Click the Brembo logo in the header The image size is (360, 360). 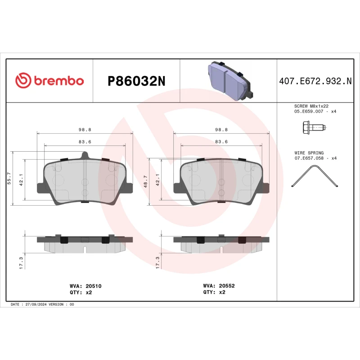tap(49, 81)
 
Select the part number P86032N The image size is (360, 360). tap(136, 81)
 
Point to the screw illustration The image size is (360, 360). tap(312, 128)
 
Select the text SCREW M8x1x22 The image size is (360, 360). tap(311, 106)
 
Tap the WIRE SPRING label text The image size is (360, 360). tap(309, 153)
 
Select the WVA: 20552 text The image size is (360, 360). tap(219, 286)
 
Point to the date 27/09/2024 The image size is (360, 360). tap(36, 305)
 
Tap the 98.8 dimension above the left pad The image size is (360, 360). tap(85, 130)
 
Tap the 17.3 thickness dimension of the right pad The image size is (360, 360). tap(157, 262)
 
